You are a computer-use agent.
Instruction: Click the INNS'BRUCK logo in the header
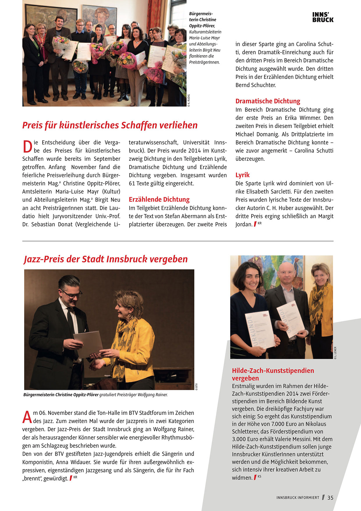pos(323,17)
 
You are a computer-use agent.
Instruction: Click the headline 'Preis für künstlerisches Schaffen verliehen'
pos(110,125)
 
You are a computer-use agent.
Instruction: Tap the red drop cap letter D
pos(27,147)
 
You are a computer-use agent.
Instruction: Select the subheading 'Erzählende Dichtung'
pos(159,200)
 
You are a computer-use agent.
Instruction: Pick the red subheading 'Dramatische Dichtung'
pos(268,101)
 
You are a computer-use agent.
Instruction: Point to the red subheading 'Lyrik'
pos(243,175)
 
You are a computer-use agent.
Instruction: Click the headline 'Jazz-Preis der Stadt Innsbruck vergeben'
pos(106,259)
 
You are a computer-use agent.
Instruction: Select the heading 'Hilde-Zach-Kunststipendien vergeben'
pos(273,374)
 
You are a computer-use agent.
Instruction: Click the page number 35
pos(330,498)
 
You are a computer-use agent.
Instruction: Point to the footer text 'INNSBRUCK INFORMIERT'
pos(298,498)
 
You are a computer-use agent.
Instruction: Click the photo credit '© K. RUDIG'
pos(189,101)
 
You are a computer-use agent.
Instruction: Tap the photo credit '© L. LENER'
pos(335,353)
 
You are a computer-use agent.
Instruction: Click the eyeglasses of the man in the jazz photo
pos(72,294)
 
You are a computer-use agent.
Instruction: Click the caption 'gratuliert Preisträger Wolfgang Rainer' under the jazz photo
pos(133,395)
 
